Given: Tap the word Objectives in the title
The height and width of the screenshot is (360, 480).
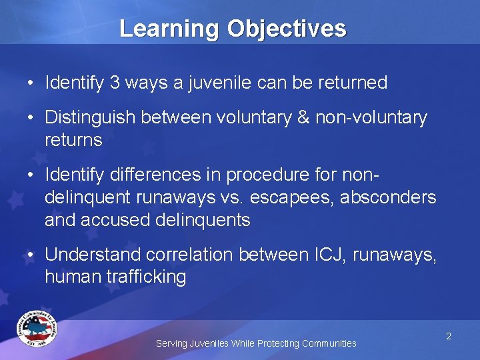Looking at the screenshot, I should pos(287,29).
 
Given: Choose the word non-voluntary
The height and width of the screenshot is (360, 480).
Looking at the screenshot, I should pos(371,118).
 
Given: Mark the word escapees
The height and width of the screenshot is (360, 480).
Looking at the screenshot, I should pos(310,197).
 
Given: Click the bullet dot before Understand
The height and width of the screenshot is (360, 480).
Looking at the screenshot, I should pos(31,255).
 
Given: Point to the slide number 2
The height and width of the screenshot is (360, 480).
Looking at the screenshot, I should pos(449,337).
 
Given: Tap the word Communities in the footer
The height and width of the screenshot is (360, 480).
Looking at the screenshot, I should pos(329,343).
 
